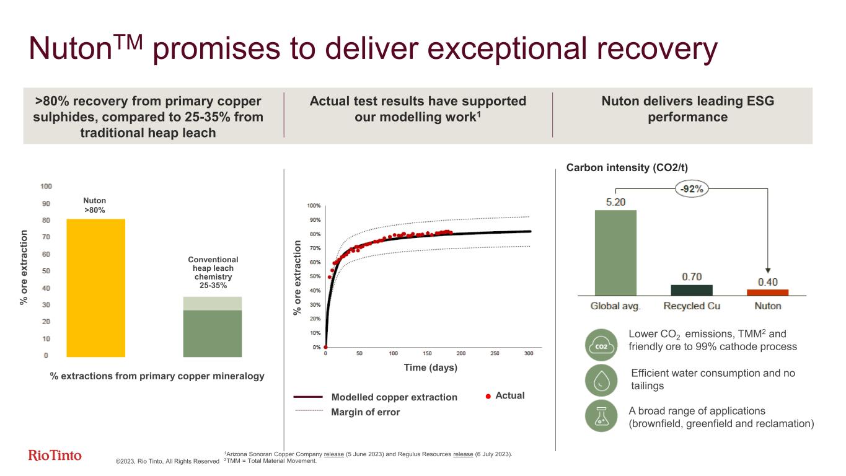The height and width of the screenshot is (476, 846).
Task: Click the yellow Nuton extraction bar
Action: (96, 288)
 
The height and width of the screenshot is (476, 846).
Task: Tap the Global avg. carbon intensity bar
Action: (615, 252)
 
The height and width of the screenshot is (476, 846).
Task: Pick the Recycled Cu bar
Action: (692, 290)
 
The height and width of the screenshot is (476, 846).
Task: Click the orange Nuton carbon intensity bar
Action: (767, 292)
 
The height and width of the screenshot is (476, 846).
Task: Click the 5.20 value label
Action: (615, 201)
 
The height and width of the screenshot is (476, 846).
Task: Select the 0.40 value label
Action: (768, 282)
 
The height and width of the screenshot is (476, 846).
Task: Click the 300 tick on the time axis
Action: (529, 354)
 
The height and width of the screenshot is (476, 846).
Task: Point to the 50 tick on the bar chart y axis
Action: (46, 271)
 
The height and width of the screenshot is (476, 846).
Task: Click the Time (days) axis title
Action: (430, 368)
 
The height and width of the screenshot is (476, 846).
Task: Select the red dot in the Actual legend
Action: (488, 396)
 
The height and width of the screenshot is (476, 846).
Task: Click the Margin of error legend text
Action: (366, 412)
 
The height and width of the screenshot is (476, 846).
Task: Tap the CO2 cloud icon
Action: (601, 345)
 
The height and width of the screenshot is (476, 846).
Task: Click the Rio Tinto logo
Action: (55, 456)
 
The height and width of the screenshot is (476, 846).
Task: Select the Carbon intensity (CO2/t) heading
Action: (627, 167)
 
